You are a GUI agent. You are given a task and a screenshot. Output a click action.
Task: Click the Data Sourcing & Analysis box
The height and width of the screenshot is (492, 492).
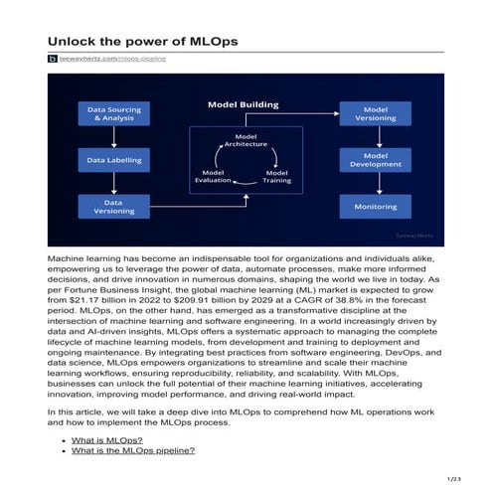[x=113, y=113]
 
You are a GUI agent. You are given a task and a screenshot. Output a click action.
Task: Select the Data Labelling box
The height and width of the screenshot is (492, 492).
[x=113, y=159]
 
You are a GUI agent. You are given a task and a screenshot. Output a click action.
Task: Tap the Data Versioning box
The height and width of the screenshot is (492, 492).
[x=113, y=206]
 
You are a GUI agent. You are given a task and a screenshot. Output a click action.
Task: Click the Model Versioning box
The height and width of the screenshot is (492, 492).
[x=376, y=113]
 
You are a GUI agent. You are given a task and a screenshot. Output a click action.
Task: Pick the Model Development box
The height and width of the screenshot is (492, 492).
[x=376, y=159]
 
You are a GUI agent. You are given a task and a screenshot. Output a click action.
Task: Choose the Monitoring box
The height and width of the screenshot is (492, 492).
[x=376, y=206]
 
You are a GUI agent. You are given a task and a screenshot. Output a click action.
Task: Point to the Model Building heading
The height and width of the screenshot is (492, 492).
[x=243, y=103]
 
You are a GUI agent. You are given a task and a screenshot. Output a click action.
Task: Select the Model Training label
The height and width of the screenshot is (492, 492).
[x=275, y=176]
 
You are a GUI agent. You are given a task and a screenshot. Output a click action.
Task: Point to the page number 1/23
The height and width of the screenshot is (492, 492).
[x=456, y=480]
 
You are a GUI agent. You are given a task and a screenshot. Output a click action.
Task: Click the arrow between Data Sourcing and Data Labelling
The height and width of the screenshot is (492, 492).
[x=113, y=136]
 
